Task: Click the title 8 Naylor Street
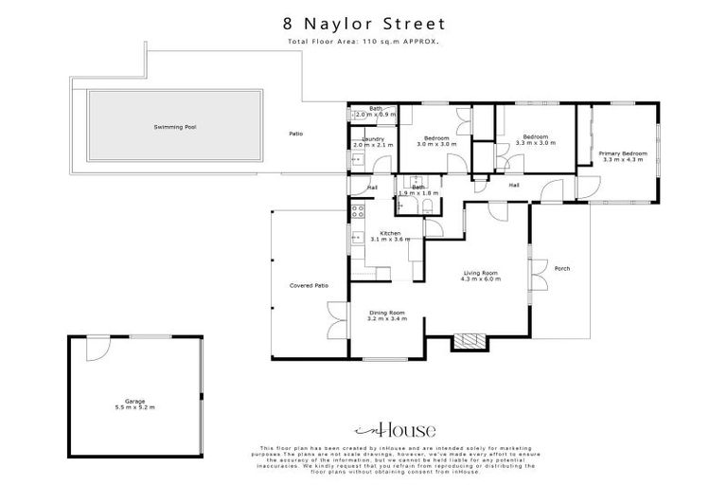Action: click(363, 23)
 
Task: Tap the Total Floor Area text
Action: click(363, 43)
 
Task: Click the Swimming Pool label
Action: click(175, 127)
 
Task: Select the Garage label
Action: click(134, 401)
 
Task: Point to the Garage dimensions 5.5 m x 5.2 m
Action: click(134, 407)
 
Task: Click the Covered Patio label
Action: click(309, 285)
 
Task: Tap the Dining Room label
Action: click(386, 313)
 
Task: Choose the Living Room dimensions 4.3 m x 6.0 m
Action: click(480, 279)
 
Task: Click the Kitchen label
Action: click(390, 233)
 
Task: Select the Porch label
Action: click(562, 267)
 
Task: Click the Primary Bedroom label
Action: click(623, 153)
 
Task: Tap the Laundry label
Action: click(372, 139)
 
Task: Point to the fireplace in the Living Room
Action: click(468, 342)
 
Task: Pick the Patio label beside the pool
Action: click(295, 134)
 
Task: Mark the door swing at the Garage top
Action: click(97, 349)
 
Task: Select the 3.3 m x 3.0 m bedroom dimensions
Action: click(536, 143)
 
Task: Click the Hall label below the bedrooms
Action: click(514, 185)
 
